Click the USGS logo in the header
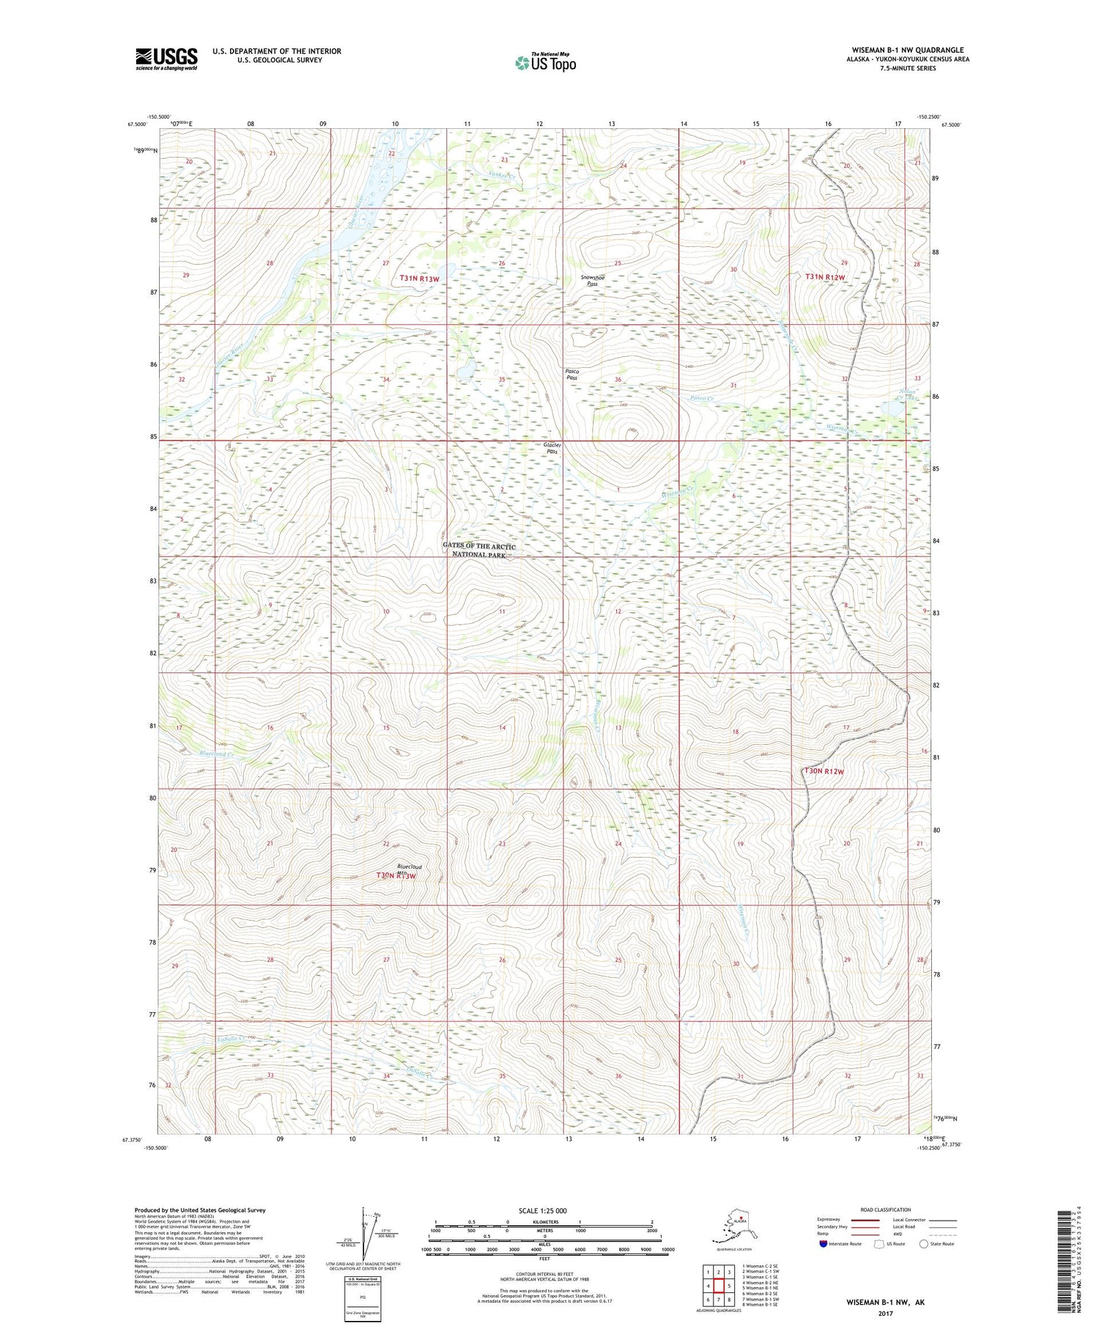point(166,59)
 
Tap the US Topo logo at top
point(546,62)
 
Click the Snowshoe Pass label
point(593,280)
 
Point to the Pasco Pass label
point(572,375)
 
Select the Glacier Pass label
point(552,448)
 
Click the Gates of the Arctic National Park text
point(479,551)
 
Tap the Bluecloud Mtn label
point(409,869)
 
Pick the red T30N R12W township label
point(824,772)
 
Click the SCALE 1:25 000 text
point(544,1210)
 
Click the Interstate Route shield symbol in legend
point(823,1243)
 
